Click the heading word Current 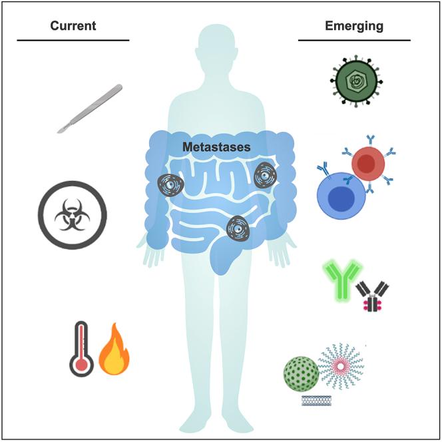(73, 27)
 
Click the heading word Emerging (354, 27)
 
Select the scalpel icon (89, 109)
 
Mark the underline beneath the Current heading (73, 41)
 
